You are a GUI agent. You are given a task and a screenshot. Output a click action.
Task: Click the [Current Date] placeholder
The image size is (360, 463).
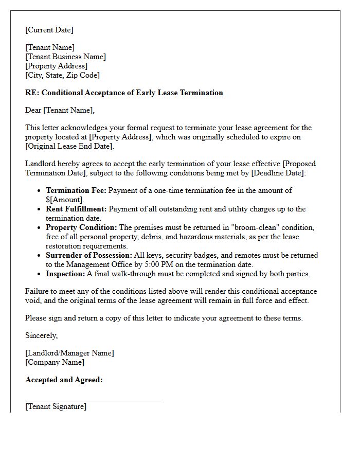tap(49, 30)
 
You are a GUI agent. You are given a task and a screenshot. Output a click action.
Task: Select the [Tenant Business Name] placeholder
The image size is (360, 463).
tap(65, 57)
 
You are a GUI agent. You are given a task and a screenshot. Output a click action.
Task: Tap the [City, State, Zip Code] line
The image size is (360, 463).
tap(62, 75)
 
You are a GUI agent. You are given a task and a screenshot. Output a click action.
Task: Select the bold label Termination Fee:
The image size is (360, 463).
tap(76, 190)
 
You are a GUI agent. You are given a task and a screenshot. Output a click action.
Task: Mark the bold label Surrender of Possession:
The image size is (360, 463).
tap(88, 255)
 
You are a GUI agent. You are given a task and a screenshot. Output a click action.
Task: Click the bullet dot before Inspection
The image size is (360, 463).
tap(40, 274)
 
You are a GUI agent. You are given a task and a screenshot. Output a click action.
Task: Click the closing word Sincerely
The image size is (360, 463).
tap(41, 335)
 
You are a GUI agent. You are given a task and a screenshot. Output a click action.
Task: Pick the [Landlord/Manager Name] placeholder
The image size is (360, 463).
tap(69, 353)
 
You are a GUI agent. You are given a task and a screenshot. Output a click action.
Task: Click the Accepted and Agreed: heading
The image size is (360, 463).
tap(64, 380)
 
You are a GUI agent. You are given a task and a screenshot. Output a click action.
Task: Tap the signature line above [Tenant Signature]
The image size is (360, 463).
tap(93, 400)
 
